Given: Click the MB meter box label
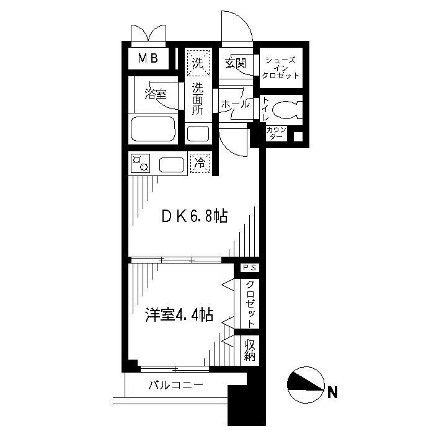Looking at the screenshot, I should point(148,59).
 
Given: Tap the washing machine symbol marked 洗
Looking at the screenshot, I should point(198,63).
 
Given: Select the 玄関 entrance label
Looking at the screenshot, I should point(236,63).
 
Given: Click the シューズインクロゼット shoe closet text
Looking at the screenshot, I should point(281,67).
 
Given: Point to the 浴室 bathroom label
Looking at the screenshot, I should point(156,95).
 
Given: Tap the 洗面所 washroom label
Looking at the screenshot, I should point(198,98).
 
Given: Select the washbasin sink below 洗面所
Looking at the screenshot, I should point(198,133).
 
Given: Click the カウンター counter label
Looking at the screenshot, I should point(276,133).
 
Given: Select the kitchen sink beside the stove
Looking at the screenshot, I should point(172,165).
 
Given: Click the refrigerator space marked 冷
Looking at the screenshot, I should point(200,163).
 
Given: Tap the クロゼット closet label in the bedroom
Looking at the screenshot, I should point(250,304).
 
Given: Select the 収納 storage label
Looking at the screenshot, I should point(250,350).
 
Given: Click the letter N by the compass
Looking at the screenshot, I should point(334,392).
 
